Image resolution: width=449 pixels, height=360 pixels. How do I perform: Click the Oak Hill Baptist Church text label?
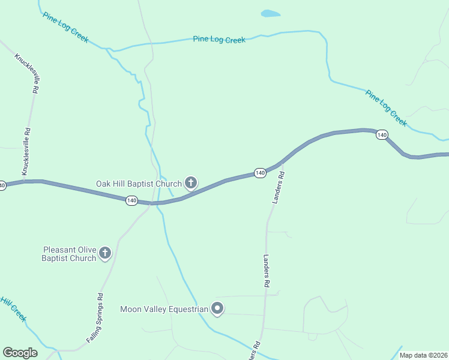point(139,184)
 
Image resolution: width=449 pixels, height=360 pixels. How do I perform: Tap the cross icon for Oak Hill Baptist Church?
point(191,182)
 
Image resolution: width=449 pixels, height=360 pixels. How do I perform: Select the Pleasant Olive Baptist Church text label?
point(68,254)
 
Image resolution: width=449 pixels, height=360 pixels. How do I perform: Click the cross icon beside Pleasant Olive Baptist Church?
point(105,253)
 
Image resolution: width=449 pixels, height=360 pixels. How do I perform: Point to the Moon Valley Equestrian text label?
point(164,310)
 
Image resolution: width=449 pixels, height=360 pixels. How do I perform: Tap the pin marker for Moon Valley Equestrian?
point(217,309)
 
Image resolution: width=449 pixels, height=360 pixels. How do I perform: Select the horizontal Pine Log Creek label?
point(219,40)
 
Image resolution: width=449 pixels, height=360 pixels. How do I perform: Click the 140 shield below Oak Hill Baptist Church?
point(132,200)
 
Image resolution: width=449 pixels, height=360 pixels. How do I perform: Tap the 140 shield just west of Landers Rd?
point(259,173)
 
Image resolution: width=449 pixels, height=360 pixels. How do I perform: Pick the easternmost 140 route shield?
point(382,135)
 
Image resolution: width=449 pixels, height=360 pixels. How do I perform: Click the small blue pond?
point(270,13)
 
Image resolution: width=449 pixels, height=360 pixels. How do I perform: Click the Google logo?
point(20,353)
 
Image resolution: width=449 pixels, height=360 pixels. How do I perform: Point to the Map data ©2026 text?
point(423,355)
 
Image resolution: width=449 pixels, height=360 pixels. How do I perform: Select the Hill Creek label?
point(13,309)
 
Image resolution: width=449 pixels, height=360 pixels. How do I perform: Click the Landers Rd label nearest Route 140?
point(278,187)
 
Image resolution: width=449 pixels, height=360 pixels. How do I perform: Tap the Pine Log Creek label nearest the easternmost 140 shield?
point(386,108)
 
